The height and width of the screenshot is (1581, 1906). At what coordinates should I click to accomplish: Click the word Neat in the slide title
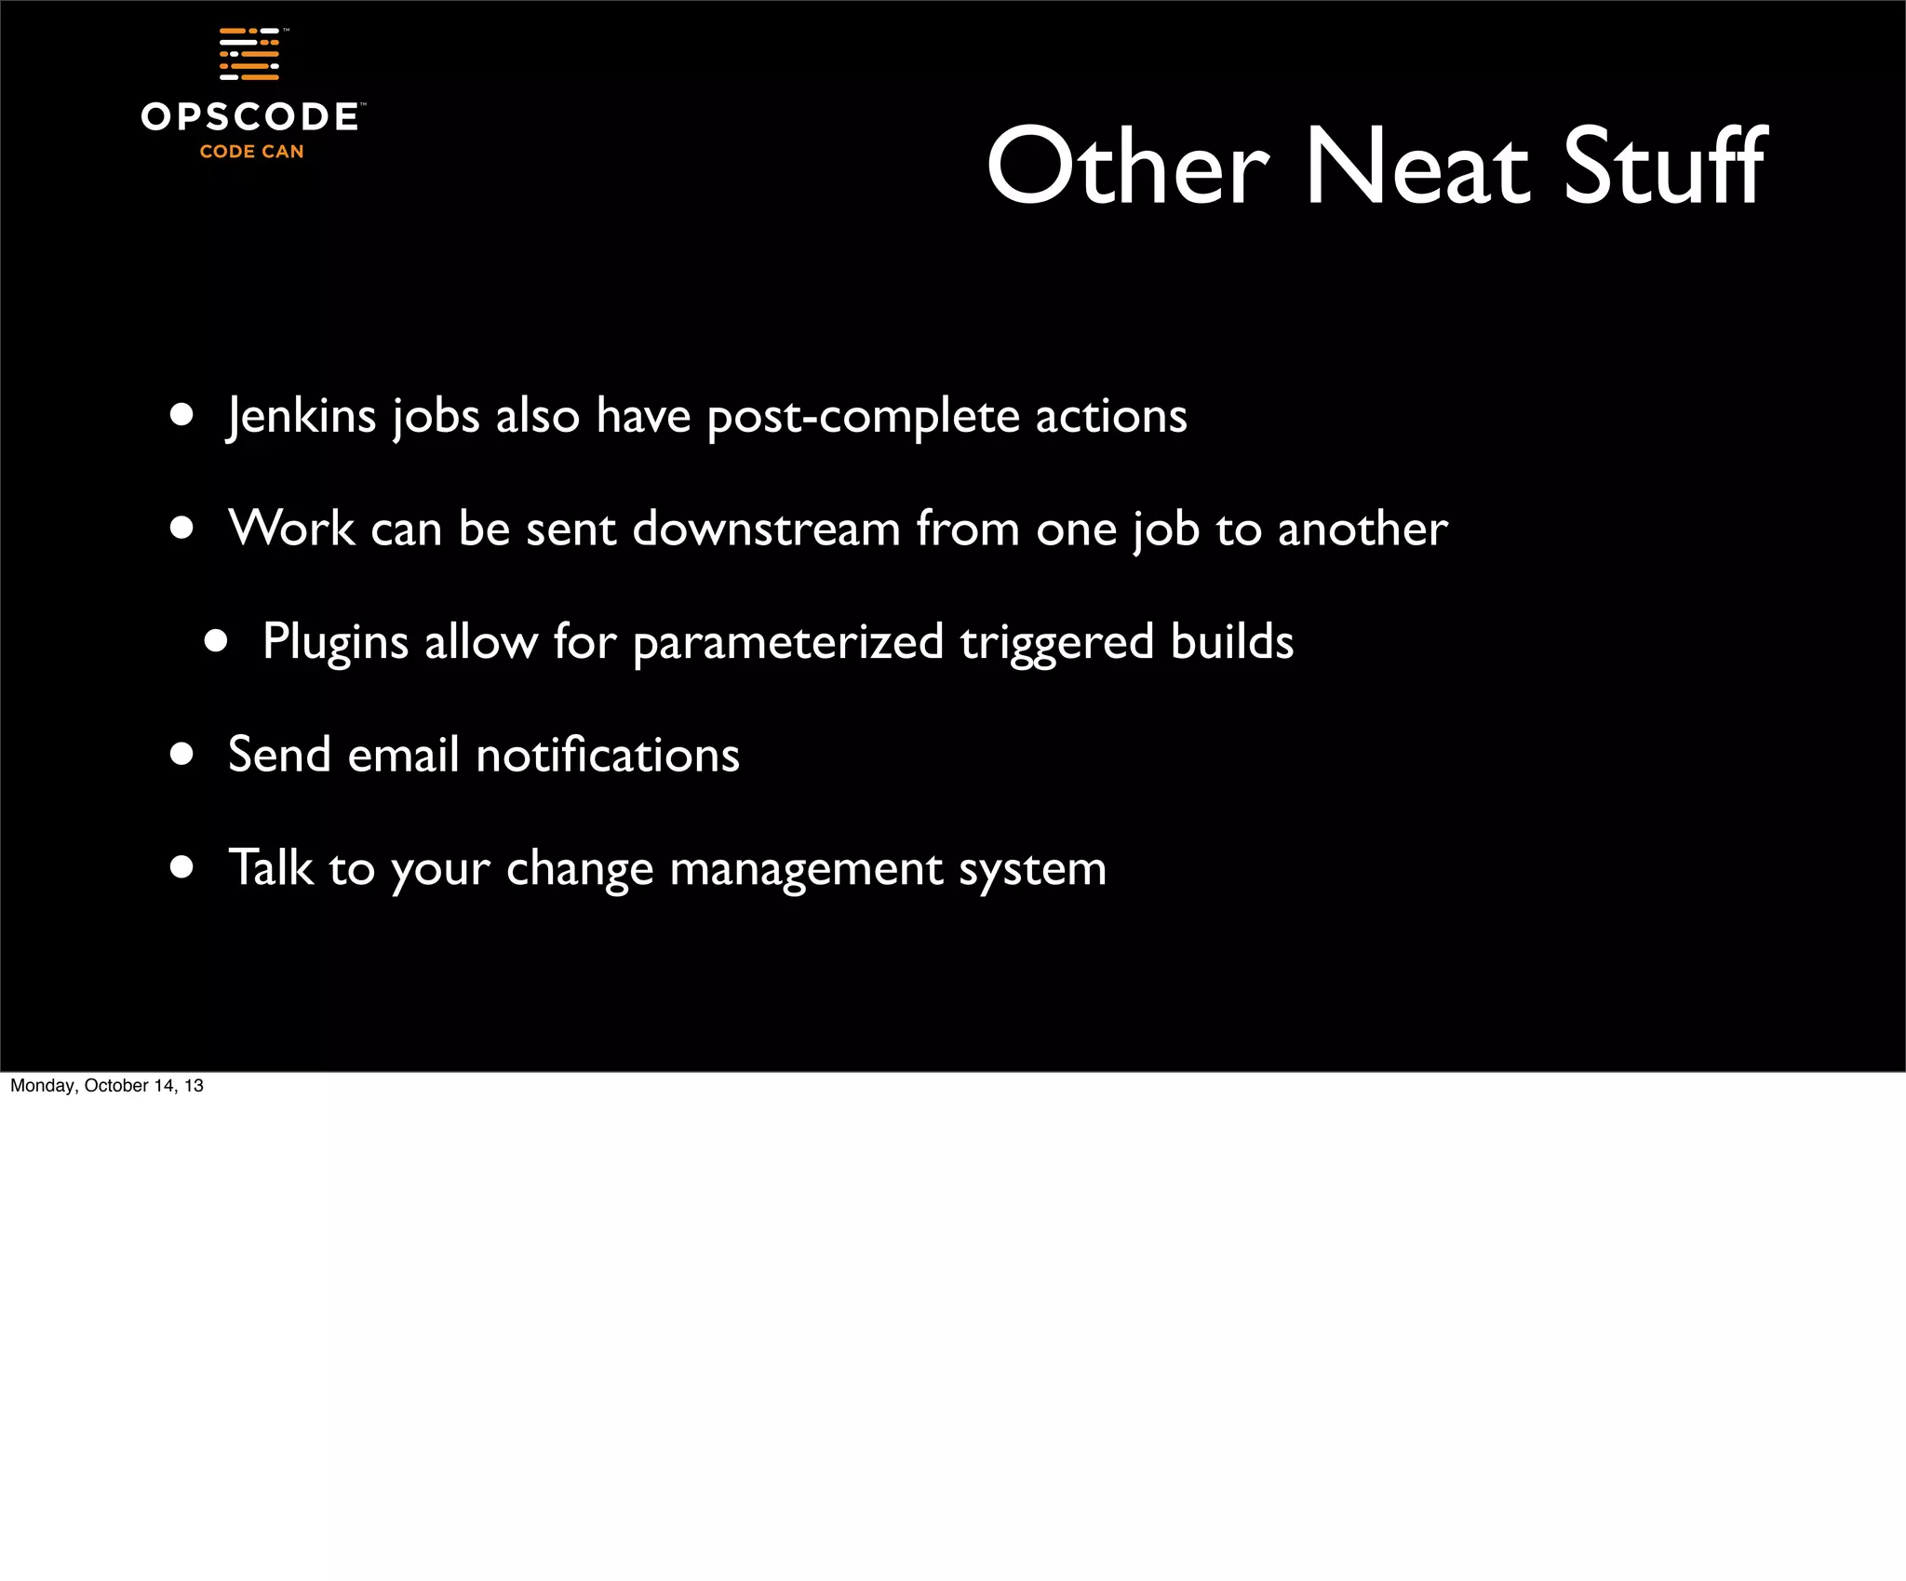click(x=1417, y=167)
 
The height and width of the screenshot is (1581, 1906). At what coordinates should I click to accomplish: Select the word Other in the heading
click(x=1128, y=167)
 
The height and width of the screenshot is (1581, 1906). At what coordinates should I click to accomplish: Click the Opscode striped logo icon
click(x=249, y=54)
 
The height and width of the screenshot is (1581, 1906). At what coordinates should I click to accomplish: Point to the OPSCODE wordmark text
click(x=249, y=117)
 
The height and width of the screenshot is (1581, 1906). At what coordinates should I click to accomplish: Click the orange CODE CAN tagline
click(x=251, y=152)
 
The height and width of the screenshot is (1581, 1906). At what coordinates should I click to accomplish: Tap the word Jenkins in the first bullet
click(x=302, y=416)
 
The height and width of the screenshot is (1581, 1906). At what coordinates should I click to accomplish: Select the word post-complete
click(x=863, y=417)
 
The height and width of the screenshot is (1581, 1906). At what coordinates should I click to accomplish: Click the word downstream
click(x=766, y=529)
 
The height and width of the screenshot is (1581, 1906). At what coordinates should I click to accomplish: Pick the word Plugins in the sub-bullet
click(x=335, y=643)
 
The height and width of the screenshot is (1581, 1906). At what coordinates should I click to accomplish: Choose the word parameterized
click(x=788, y=643)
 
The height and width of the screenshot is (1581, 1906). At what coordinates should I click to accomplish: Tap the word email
click(x=403, y=755)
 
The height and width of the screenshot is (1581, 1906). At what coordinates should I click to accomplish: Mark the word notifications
click(x=608, y=755)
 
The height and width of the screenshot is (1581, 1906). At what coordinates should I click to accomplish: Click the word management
click(x=806, y=869)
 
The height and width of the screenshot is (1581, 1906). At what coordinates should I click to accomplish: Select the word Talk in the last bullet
click(x=270, y=867)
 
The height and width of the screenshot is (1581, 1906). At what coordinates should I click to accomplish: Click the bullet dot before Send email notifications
click(x=181, y=754)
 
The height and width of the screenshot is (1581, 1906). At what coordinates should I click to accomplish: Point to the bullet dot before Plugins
click(x=216, y=641)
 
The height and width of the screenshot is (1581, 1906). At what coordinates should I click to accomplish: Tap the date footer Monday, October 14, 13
click(x=107, y=1086)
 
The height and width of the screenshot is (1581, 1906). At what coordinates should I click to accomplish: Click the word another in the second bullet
click(x=1362, y=529)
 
